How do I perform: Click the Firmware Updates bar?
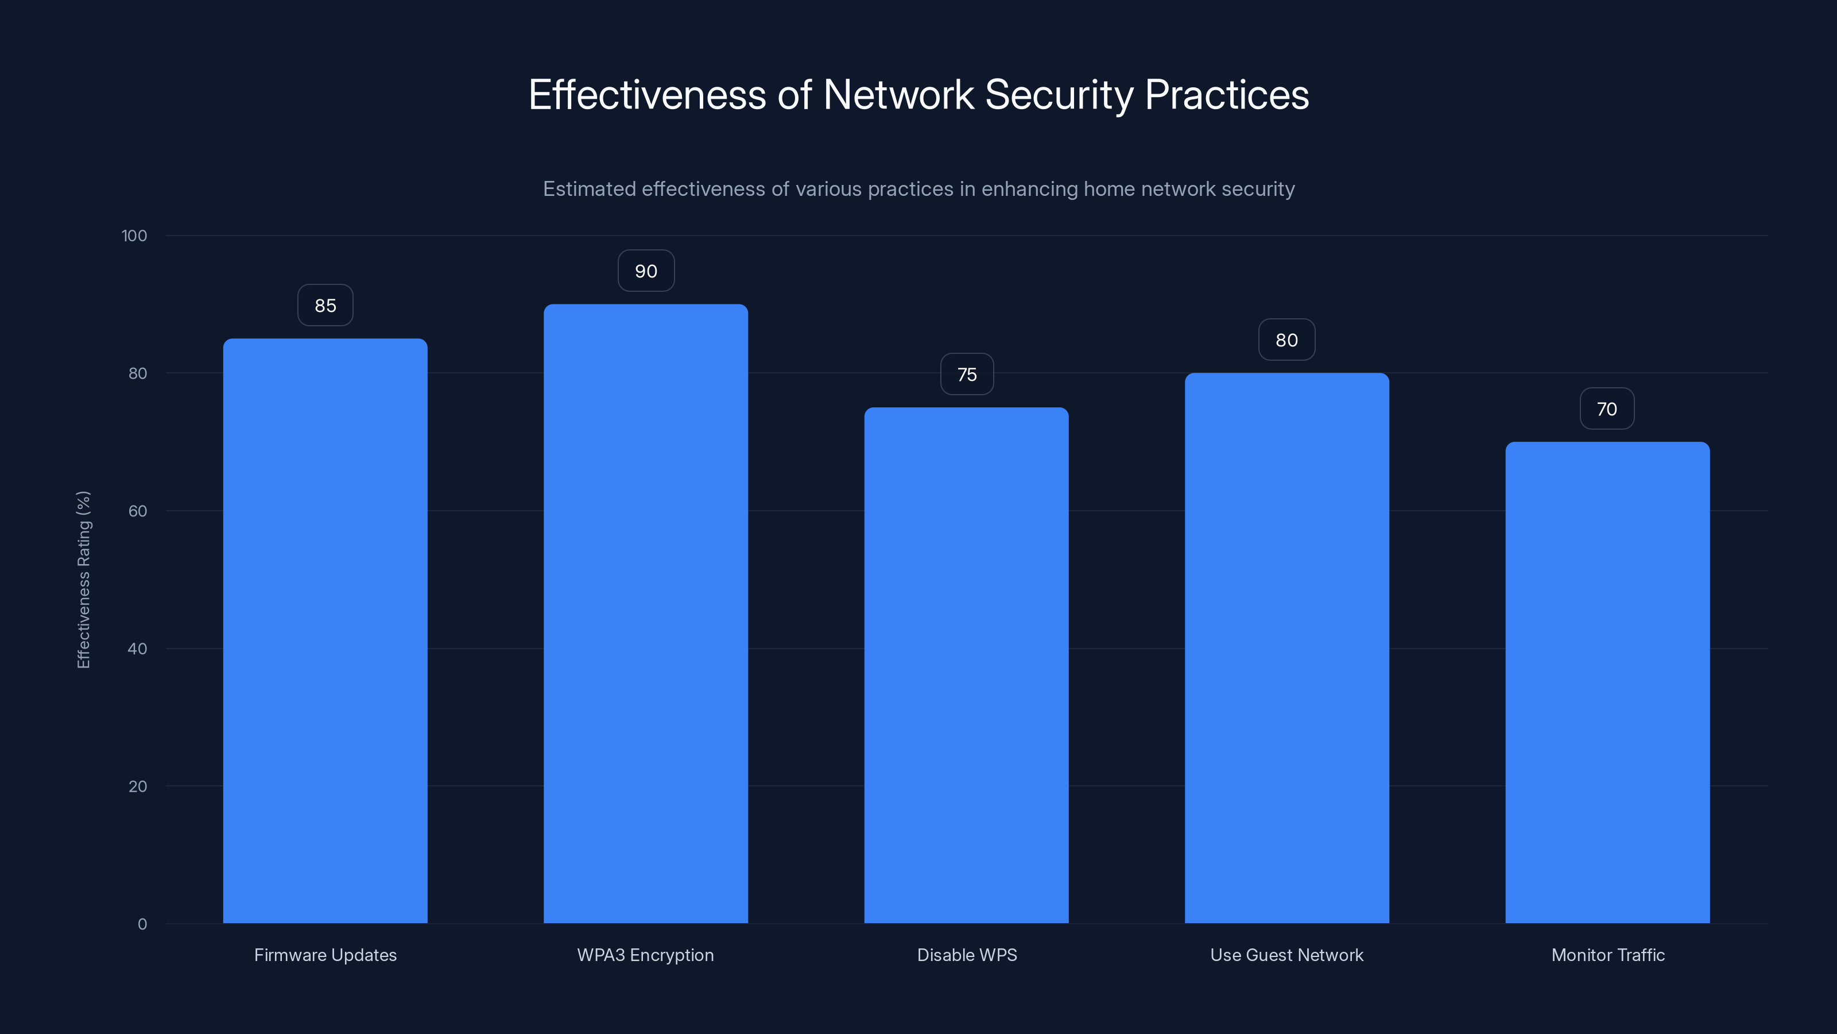click(325, 631)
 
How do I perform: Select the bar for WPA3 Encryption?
click(645, 614)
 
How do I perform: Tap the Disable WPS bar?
click(966, 665)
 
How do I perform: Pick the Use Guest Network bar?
click(1286, 648)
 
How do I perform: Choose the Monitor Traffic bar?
click(1607, 682)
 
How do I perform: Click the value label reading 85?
click(325, 306)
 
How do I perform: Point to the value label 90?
click(645, 271)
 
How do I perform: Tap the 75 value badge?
click(966, 375)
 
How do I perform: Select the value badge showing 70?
click(1607, 409)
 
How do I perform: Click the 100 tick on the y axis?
click(134, 236)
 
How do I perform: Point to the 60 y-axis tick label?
click(138, 511)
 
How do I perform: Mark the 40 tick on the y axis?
click(138, 649)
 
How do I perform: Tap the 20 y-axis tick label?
click(138, 786)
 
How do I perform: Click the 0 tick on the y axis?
click(142, 924)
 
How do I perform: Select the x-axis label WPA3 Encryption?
click(645, 955)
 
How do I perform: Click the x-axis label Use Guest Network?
click(1286, 955)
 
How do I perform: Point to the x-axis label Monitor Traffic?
click(1607, 955)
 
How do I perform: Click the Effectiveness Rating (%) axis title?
click(83, 580)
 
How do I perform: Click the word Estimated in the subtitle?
click(589, 189)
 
